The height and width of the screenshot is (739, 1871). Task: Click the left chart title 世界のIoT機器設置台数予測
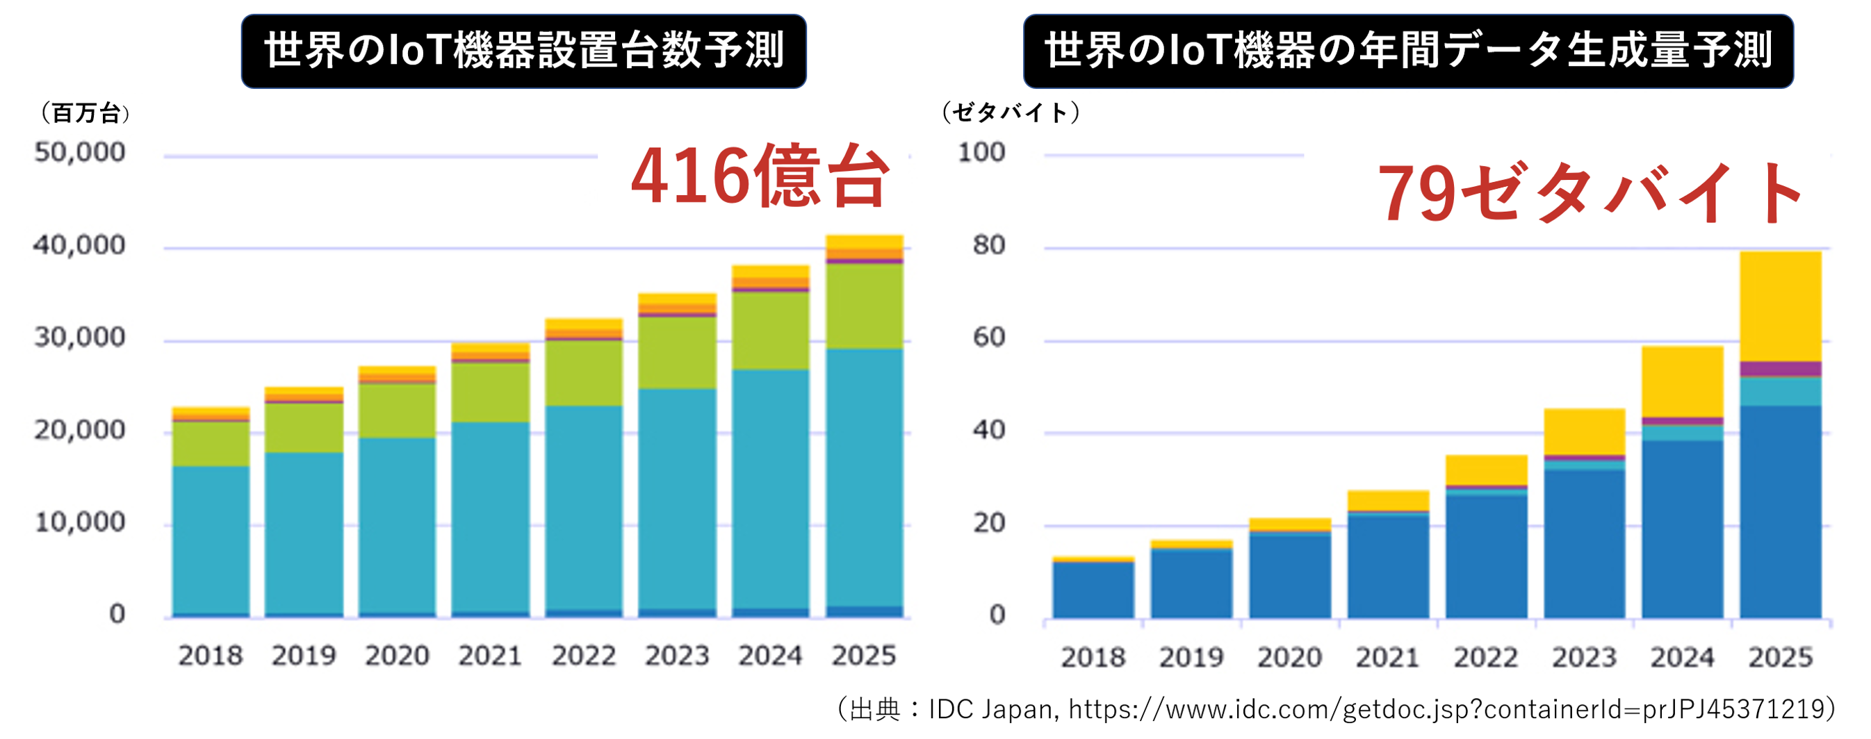tap(523, 51)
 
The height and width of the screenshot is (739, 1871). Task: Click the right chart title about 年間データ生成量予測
tap(1407, 51)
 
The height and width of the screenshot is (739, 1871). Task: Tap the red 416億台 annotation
tap(760, 176)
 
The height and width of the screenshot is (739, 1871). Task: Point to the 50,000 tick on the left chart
tap(80, 152)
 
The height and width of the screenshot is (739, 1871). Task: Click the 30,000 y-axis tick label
tap(80, 338)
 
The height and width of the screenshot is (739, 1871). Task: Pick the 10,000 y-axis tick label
tap(80, 523)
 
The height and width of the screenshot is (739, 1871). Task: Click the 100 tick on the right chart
tap(981, 152)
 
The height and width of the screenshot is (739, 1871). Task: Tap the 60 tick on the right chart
tap(988, 338)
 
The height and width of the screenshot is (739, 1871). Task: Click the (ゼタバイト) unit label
tap(1011, 113)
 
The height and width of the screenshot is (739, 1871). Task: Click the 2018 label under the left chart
tap(211, 656)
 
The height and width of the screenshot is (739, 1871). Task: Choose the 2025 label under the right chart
tap(1780, 658)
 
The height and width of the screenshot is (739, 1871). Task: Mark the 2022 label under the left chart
tap(583, 656)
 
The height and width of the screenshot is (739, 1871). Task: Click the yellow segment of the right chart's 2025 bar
tap(1780, 305)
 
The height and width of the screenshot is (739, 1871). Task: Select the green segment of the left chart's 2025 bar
tap(865, 305)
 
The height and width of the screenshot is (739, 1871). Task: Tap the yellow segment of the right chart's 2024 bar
tap(1682, 381)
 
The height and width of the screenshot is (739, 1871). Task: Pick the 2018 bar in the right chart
tap(1093, 588)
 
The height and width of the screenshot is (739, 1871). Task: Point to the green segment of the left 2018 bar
tap(211, 443)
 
